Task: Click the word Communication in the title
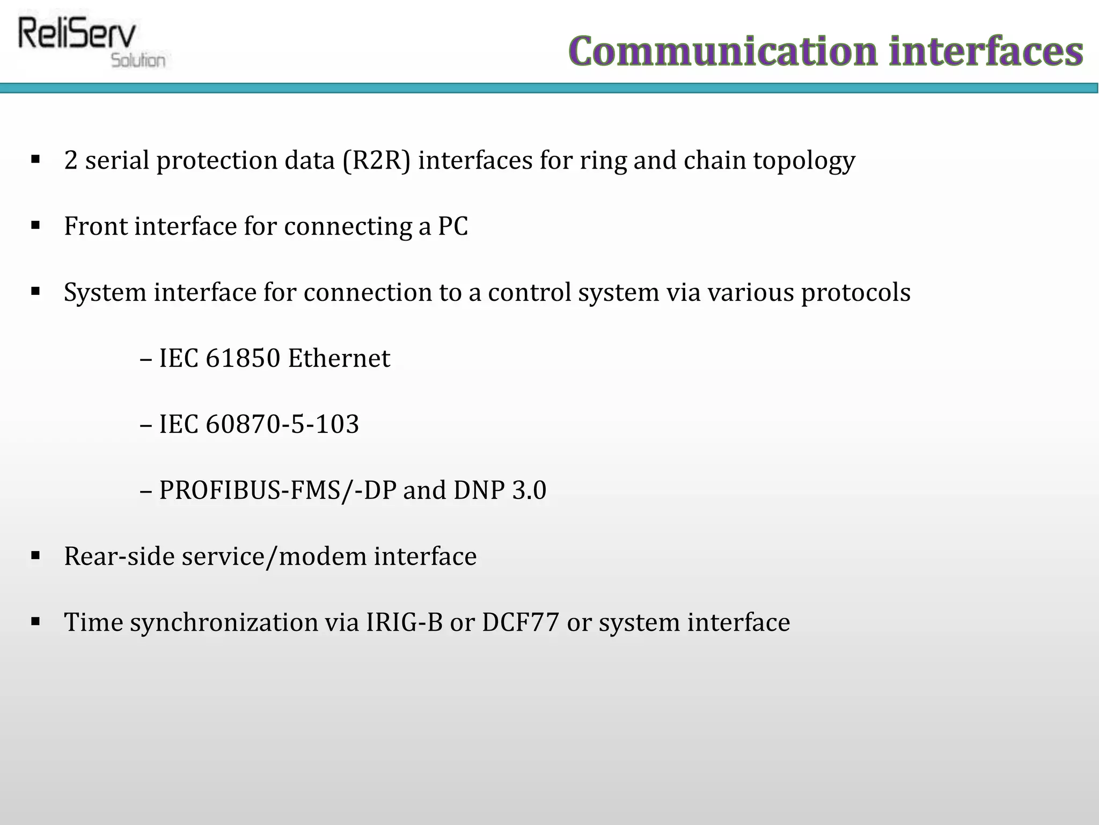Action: point(723,52)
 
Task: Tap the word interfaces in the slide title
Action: point(986,52)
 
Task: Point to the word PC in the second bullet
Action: point(453,226)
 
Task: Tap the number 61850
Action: point(243,358)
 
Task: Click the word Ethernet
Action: point(339,358)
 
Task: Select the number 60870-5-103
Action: point(282,424)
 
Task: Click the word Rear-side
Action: point(119,556)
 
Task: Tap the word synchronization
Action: point(224,623)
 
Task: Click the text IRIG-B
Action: point(405,623)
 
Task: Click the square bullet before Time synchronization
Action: point(36,622)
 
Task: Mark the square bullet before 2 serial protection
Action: point(36,160)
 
